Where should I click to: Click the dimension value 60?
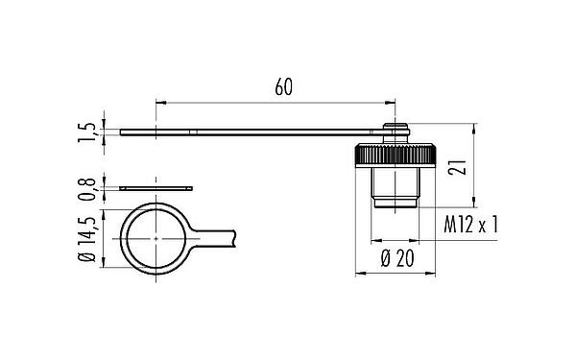pyautogui.click(x=283, y=87)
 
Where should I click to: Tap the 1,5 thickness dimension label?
pyautogui.click(x=88, y=132)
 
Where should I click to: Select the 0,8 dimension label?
pyautogui.click(x=88, y=187)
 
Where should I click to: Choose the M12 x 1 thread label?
pyautogui.click(x=475, y=228)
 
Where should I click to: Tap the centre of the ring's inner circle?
pyautogui.click(x=153, y=238)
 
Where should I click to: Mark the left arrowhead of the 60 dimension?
pyautogui.click(x=160, y=101)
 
